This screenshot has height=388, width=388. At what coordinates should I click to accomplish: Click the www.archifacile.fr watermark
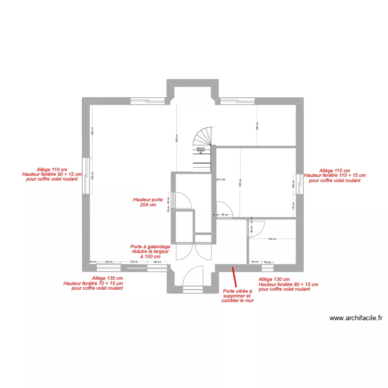point(358,319)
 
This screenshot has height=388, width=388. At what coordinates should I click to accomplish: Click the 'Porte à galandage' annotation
point(150,251)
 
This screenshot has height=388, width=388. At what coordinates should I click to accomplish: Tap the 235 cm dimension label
point(272,239)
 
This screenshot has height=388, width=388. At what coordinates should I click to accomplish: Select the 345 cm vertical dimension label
point(240,183)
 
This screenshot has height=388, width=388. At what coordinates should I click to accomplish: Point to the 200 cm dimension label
point(257,125)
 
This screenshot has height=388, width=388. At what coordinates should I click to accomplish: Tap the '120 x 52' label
point(220,180)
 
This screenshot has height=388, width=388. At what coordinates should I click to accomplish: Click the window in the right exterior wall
point(299,184)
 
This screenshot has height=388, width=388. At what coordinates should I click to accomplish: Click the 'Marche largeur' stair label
point(201,150)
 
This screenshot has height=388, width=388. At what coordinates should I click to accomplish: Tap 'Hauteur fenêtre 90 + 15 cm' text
point(52,174)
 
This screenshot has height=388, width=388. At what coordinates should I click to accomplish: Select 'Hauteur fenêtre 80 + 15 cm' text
point(288,284)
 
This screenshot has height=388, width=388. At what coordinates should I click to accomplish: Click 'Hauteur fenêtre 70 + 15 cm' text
point(93,283)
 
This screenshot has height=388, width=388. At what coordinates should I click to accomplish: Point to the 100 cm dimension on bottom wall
point(156,262)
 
